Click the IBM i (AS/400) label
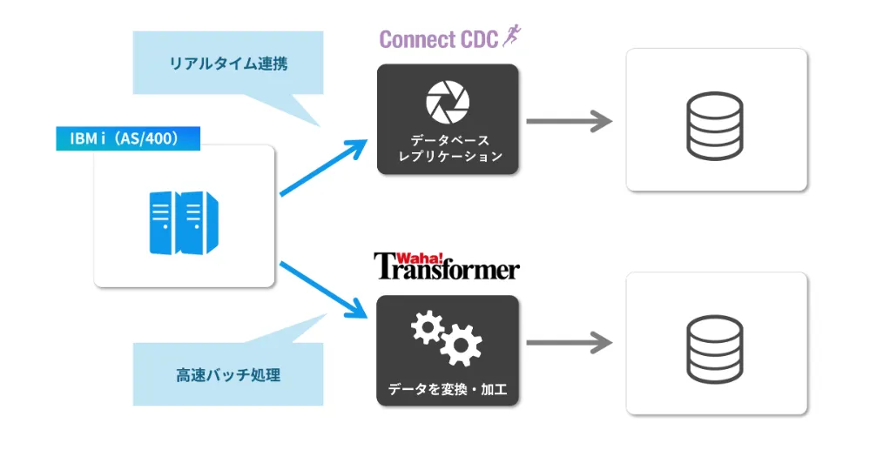128,138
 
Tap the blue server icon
184,223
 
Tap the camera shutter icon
448,102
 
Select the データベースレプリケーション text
448,148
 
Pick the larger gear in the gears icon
460,347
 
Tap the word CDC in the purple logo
479,40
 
